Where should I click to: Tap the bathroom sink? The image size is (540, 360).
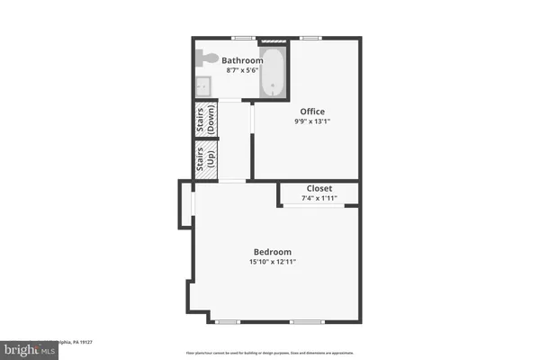202,86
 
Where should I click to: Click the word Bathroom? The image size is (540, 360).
242,61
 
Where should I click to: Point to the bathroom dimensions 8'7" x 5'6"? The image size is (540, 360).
241,70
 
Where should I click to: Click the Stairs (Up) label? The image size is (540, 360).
206,160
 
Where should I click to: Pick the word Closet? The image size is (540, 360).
320,189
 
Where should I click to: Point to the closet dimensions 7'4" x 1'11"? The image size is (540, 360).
320,198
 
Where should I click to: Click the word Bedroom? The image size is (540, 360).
273,251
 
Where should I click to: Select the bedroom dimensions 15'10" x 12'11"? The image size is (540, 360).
273,262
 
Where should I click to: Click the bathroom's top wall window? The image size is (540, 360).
241,38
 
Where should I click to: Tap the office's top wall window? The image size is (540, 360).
311,38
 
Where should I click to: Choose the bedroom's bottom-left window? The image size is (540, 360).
228,322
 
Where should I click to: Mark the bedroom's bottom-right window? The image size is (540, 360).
306,322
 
